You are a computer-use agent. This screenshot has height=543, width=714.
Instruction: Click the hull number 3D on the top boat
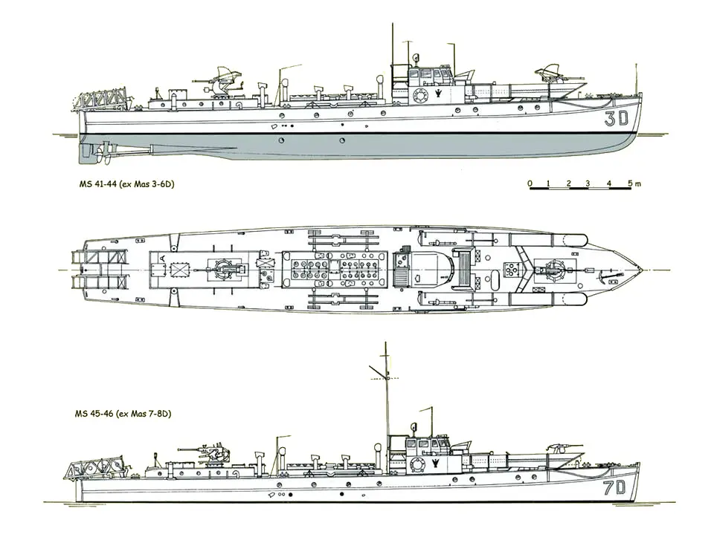click(617, 119)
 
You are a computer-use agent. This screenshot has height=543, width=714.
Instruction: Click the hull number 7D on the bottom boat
click(615, 488)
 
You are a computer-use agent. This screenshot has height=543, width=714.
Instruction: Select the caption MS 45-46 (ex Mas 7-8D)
click(123, 414)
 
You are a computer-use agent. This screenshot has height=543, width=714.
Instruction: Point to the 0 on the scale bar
click(530, 183)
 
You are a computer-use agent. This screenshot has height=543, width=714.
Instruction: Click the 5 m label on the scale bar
click(634, 183)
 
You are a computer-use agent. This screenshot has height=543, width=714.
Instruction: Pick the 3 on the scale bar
click(588, 183)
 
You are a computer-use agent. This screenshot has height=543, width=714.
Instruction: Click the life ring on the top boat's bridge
click(419, 96)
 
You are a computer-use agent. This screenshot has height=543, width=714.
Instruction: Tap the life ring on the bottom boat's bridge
click(416, 465)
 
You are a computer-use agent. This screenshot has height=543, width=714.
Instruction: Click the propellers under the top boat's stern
click(104, 155)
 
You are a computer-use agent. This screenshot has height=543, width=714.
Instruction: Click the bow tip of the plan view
click(643, 270)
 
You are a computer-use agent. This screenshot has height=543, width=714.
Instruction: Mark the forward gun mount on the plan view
click(552, 270)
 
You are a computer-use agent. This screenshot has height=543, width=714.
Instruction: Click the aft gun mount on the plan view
click(226, 270)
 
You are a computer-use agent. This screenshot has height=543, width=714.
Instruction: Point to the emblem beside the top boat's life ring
click(437, 94)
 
